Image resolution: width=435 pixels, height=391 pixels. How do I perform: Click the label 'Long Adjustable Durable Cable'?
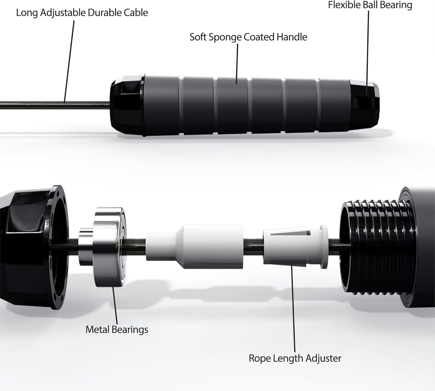(x=82, y=13)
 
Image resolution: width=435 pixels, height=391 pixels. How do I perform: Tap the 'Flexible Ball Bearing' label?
(x=370, y=5)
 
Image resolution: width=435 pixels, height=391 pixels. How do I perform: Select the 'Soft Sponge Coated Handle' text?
(x=249, y=37)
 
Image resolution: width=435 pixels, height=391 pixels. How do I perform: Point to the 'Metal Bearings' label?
(x=117, y=330)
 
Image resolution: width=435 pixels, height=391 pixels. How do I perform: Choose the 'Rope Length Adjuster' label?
(x=295, y=358)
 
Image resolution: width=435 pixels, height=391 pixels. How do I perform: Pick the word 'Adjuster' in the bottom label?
(x=323, y=358)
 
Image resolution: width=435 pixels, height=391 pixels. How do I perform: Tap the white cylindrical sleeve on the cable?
(x=195, y=247)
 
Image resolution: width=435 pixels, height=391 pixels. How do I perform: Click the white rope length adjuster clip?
(x=295, y=247)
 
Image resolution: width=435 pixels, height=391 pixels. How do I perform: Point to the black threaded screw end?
(x=376, y=247)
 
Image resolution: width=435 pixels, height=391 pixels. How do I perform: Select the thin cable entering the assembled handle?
(x=55, y=105)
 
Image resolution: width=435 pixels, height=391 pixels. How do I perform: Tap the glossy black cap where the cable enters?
(x=128, y=105)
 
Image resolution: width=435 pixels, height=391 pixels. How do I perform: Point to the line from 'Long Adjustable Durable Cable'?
(x=69, y=61)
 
